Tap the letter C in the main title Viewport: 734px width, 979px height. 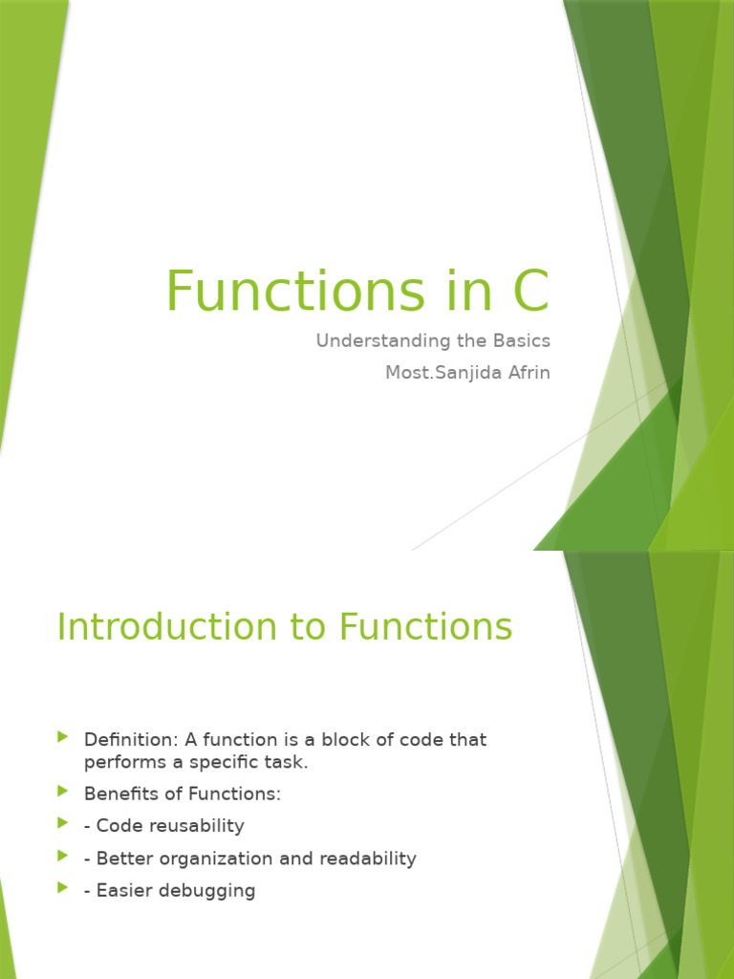click(x=531, y=292)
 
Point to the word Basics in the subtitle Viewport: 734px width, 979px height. click(x=520, y=341)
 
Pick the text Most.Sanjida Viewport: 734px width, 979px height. click(x=438, y=372)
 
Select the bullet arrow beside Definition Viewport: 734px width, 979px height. click(x=63, y=737)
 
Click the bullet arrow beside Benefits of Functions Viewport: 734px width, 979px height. click(x=63, y=792)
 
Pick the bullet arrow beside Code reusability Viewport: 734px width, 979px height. click(x=63, y=823)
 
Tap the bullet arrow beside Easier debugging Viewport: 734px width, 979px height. click(x=63, y=888)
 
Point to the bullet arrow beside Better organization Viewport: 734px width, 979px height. click(x=63, y=856)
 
